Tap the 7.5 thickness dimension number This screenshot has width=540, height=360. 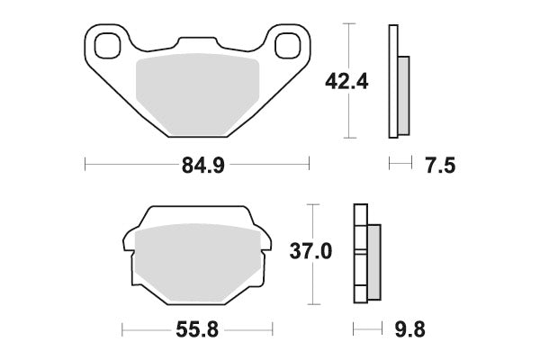tap(432, 165)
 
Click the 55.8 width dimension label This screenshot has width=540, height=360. tap(197, 328)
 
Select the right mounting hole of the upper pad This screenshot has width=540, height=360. tap(287, 43)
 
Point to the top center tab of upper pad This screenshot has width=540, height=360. tap(197, 43)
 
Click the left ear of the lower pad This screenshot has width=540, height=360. tap(129, 241)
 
